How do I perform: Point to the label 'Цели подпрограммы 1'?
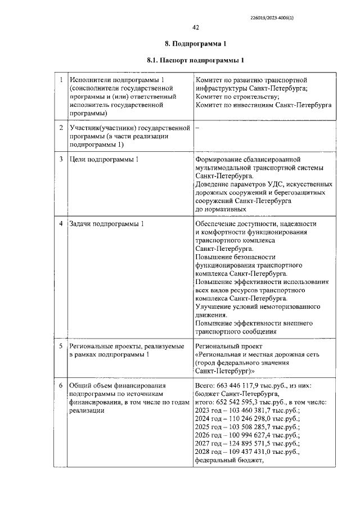point(103,160)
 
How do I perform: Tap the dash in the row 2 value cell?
point(197,128)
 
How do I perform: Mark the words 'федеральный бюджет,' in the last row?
point(229,460)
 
